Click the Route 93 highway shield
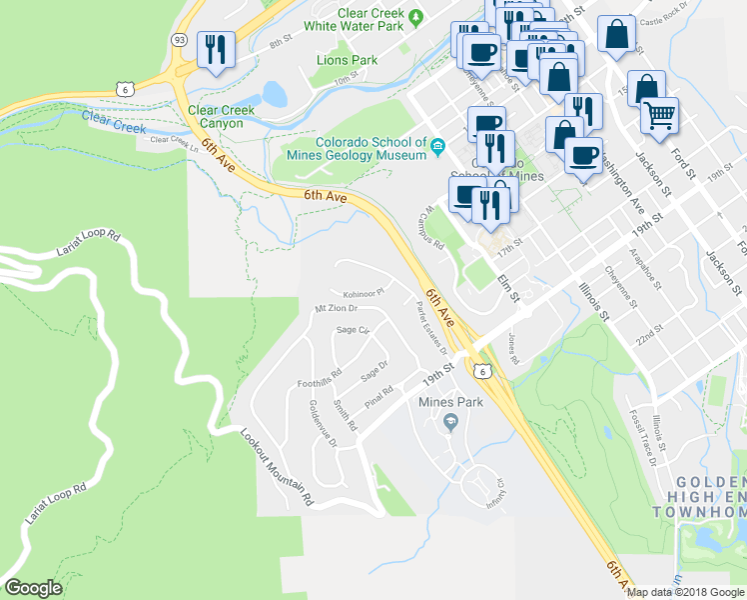pyautogui.click(x=179, y=40)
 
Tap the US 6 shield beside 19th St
pyautogui.click(x=482, y=371)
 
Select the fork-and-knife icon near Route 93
pyautogui.click(x=216, y=49)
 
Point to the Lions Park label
pyautogui.click(x=347, y=60)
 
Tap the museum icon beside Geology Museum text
pyautogui.click(x=437, y=149)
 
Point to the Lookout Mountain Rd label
pyautogui.click(x=279, y=466)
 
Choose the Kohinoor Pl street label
pyautogui.click(x=365, y=294)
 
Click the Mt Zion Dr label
pyautogui.click(x=337, y=308)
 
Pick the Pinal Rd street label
pyautogui.click(x=379, y=396)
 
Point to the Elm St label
pyautogui.click(x=509, y=289)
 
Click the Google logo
pyautogui.click(x=33, y=588)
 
